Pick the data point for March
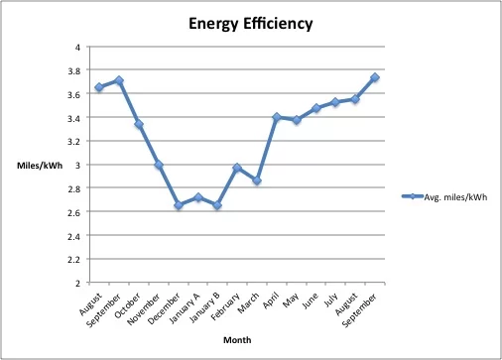256,180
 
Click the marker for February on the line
236,168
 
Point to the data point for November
158,165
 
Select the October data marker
138,124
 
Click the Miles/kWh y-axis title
36,165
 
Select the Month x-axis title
236,339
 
